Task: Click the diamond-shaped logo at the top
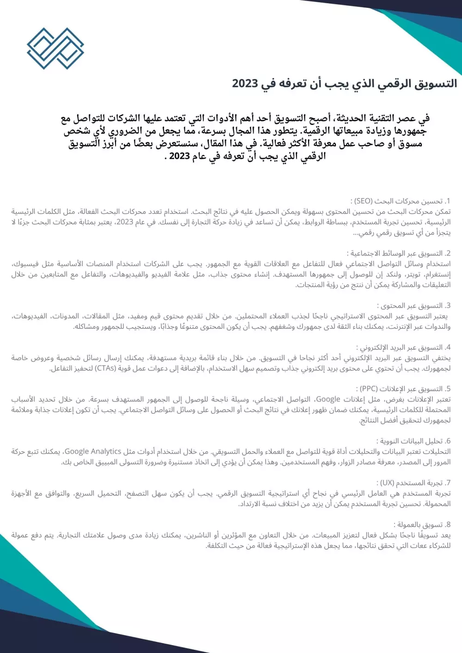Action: click(55, 48)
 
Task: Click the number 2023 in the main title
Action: click(245, 84)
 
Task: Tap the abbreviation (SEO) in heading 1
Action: click(363, 201)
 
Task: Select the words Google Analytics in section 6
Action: click(93, 452)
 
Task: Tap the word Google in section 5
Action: click(328, 399)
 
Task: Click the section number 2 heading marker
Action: click(448, 254)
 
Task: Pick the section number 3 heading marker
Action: click(448, 306)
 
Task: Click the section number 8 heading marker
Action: click(448, 525)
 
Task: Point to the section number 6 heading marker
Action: click(448, 441)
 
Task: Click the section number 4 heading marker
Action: click(448, 348)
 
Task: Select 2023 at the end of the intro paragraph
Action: click(180, 156)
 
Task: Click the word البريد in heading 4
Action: click(400, 348)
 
